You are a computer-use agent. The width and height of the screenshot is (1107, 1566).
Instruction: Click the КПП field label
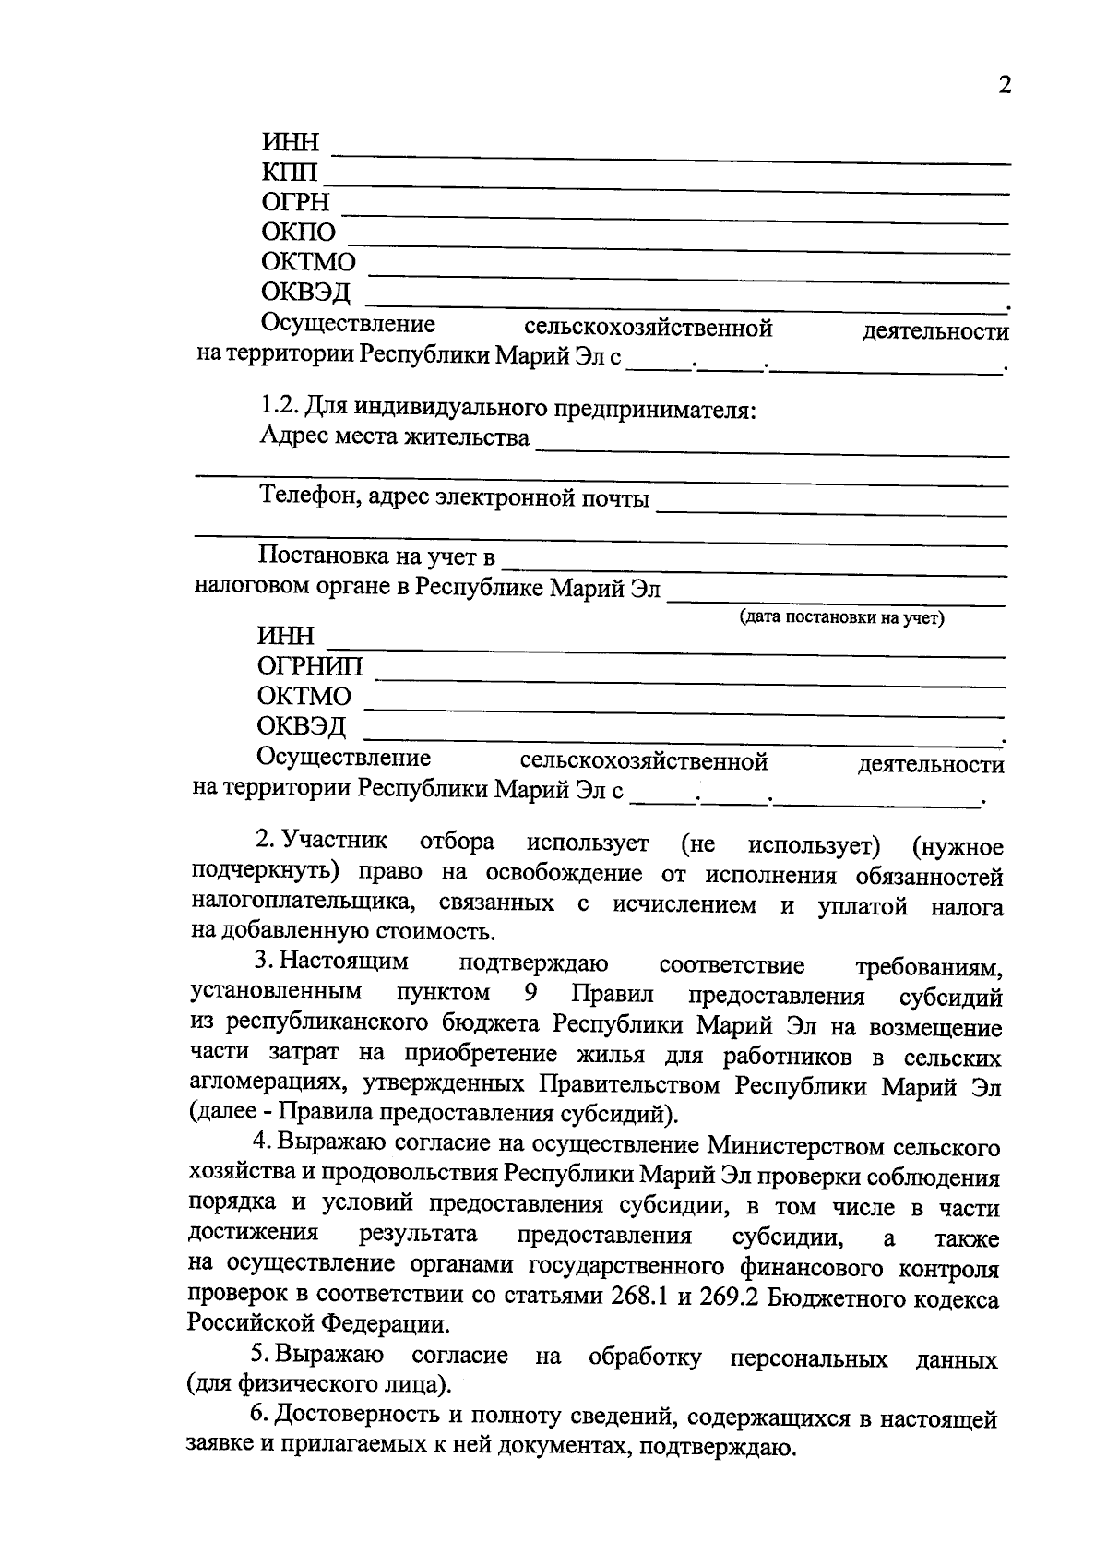pos(289,173)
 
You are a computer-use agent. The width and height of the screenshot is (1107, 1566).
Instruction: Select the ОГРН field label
pos(295,202)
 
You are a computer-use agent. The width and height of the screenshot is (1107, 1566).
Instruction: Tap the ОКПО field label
pos(299,232)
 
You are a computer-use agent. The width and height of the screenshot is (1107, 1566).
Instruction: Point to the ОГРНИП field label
pos(310,666)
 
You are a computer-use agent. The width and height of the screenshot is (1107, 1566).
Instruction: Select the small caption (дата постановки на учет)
pos(841,618)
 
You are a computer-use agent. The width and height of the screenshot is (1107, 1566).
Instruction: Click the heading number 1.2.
pos(279,407)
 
